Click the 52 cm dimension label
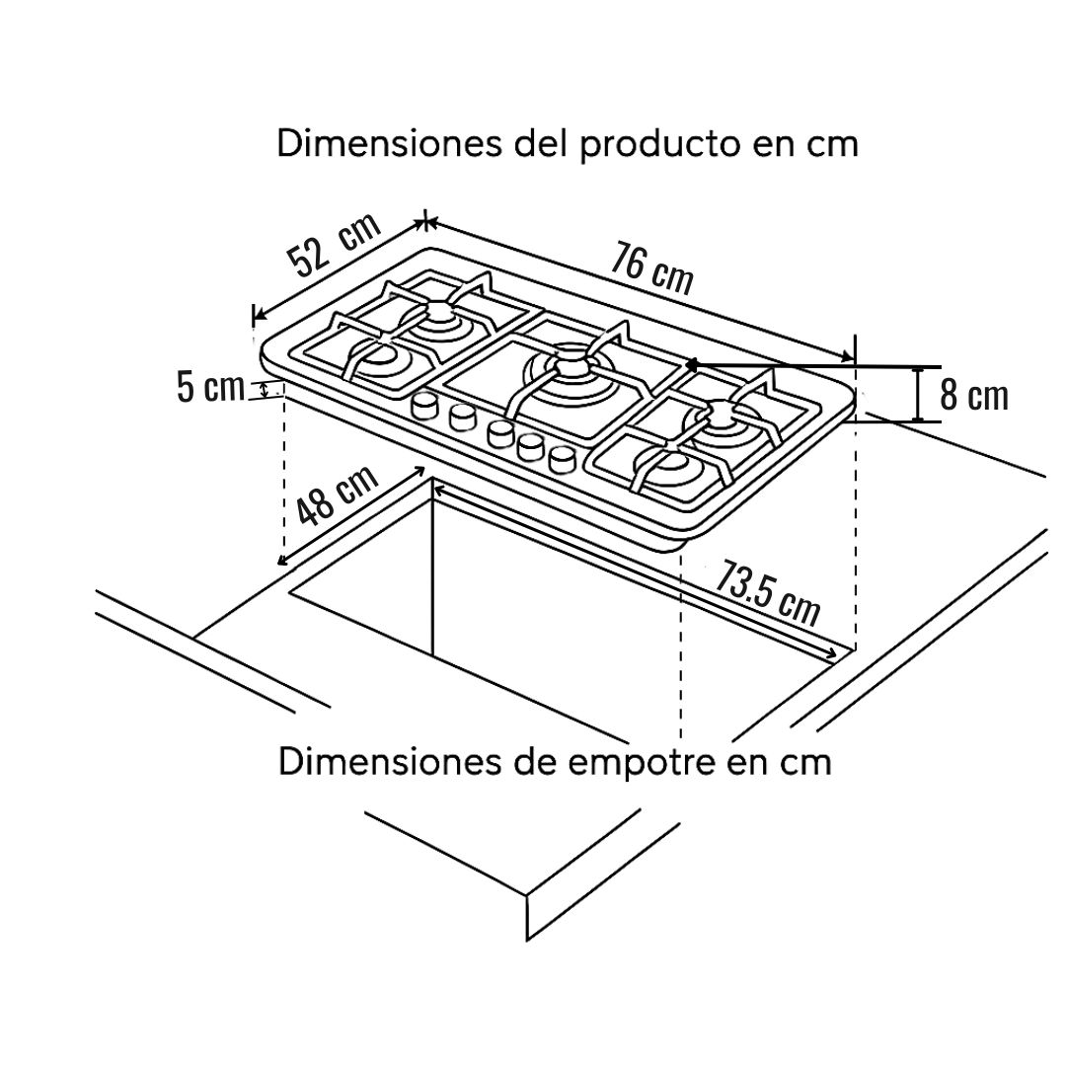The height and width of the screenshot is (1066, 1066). coord(334,245)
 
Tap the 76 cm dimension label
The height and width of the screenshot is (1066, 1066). coord(651,269)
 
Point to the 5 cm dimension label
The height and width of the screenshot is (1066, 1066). coord(210,388)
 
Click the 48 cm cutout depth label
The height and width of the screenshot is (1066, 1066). coord(338,495)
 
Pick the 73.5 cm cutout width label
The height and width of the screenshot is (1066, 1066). coord(767,591)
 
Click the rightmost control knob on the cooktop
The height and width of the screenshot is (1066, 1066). coord(562,460)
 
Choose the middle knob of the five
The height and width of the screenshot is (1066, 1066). coord(500,433)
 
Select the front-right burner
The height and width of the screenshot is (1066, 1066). coord(669,466)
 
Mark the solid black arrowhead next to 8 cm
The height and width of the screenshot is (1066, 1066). coord(691,366)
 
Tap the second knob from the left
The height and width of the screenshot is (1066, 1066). coord(462,418)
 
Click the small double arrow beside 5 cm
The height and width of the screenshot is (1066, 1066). coord(264,390)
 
